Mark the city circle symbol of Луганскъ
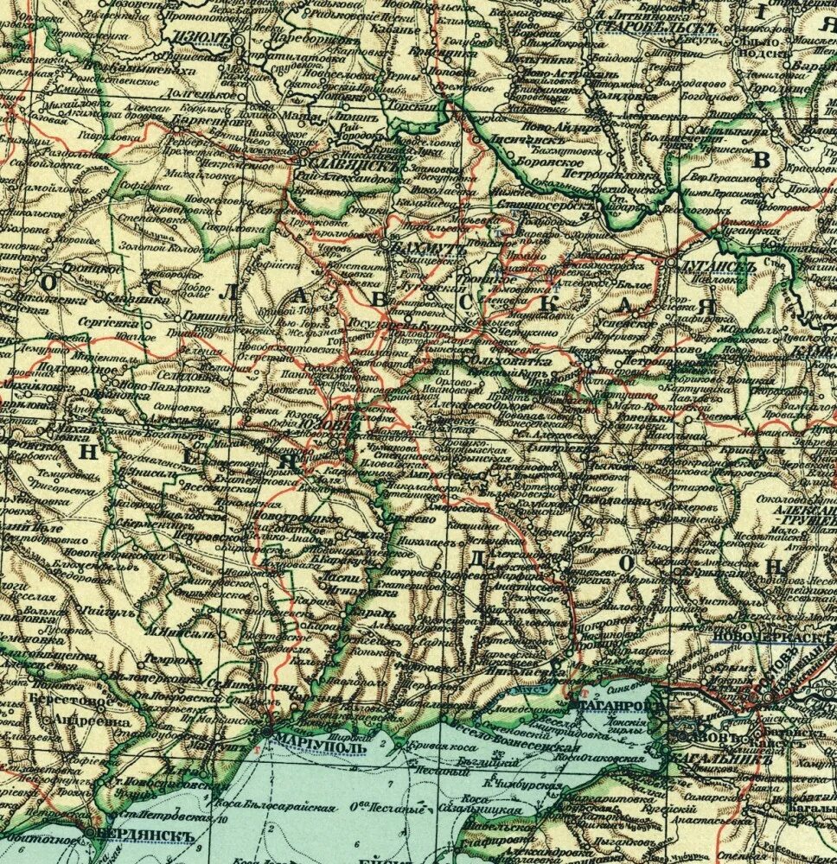672,263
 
